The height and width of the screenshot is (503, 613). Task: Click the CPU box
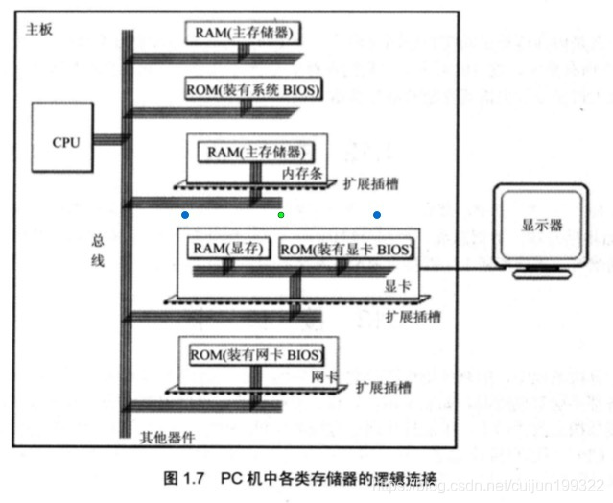pos(66,142)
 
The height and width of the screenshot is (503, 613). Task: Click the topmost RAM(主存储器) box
pos(244,33)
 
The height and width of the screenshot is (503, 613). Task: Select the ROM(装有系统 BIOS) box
pos(253,90)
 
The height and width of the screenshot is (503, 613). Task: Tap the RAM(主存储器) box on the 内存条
pos(254,152)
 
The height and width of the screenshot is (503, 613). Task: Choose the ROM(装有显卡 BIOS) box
pos(346,250)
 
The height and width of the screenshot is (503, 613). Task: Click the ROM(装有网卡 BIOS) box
pos(254,355)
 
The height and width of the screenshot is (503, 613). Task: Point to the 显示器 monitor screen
pos(542,227)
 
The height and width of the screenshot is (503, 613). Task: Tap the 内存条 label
pos(299,173)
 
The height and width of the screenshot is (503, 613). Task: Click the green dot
pos(281,215)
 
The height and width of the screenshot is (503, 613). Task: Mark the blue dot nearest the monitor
pos(377,215)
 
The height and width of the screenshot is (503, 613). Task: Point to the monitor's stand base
pos(544,275)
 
